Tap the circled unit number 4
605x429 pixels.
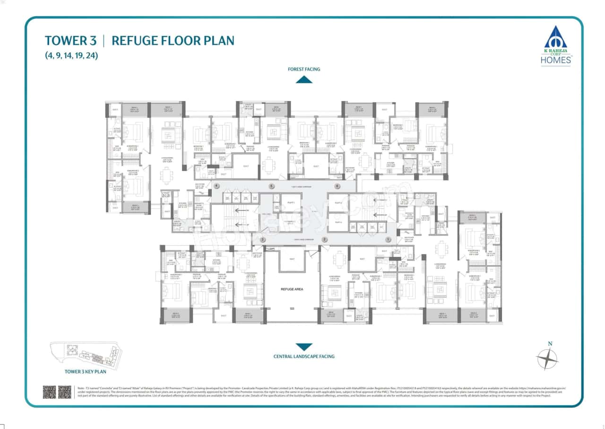pyautogui.click(x=217, y=186)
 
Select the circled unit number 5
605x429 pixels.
pyautogui.click(x=271, y=186)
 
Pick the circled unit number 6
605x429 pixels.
pyautogui.click(x=337, y=186)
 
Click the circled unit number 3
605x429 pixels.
pyautogui.click(x=263, y=240)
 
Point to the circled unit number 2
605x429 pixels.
pyautogui.click(x=325, y=240)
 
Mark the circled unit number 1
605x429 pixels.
pyautogui.click(x=389, y=240)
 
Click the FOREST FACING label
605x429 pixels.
pyautogui.click(x=304, y=69)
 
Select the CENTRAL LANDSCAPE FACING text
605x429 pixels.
pyautogui.click(x=304, y=356)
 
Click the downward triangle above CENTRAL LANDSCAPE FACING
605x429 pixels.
pyautogui.click(x=304, y=347)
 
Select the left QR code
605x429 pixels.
pyautogui.click(x=49, y=392)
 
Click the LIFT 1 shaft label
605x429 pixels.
pyautogui.click(x=288, y=202)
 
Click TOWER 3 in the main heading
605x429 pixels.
pyautogui.click(x=71, y=41)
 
